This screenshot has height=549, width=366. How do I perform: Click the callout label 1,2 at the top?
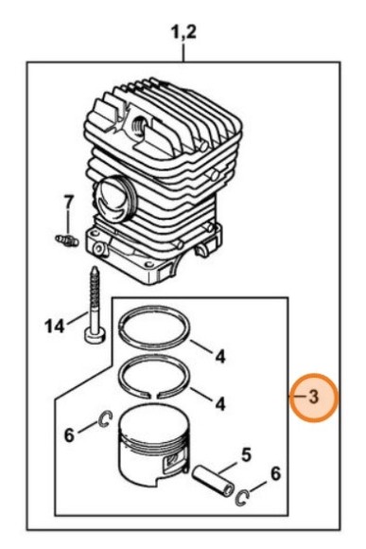(183, 32)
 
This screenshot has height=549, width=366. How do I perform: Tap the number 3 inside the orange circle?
(314, 398)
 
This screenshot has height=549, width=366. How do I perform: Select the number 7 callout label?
(69, 203)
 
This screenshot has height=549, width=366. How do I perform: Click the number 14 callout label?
(55, 327)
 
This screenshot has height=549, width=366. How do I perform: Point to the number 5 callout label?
(246, 455)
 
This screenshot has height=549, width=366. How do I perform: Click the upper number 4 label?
(220, 357)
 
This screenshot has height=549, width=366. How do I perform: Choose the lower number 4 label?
(220, 404)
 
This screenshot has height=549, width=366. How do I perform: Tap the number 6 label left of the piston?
(69, 435)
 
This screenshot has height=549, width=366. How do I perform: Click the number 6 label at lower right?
(276, 474)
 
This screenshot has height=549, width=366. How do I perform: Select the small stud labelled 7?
(67, 240)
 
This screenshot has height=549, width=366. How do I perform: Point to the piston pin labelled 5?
(213, 480)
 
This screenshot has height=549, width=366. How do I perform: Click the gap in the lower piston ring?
(154, 396)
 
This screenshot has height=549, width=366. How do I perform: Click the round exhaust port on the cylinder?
(114, 201)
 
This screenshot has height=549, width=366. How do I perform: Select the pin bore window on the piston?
(172, 464)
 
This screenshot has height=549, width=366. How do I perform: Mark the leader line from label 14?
(77, 318)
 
